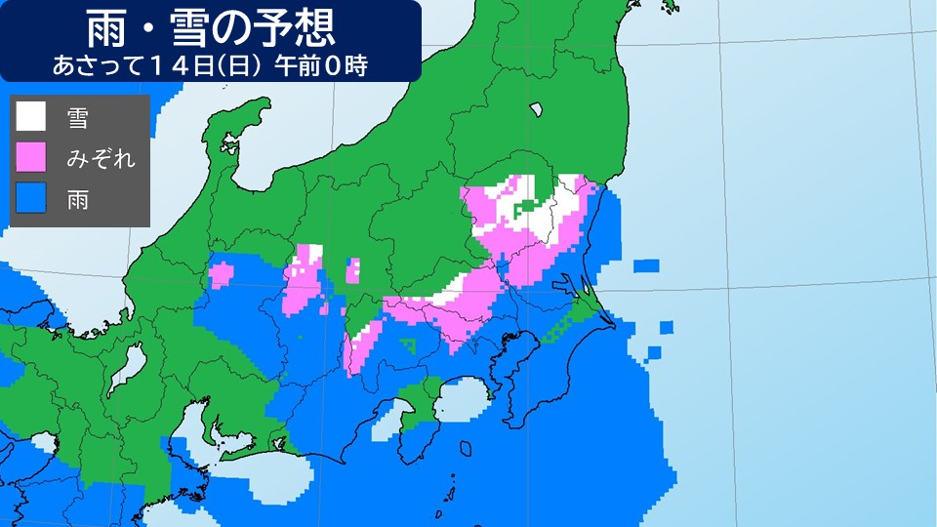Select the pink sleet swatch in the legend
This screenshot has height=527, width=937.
point(30,157)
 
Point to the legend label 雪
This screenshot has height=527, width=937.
point(77,118)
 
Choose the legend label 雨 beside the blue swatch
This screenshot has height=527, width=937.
point(77,198)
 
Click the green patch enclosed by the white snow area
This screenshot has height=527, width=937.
point(528,205)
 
